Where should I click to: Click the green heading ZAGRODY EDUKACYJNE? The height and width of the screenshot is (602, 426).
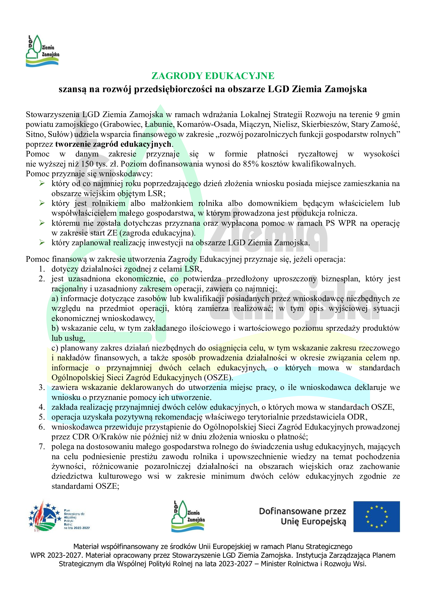tap(213, 76)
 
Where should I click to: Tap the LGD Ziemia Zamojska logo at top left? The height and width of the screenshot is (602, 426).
tap(42, 51)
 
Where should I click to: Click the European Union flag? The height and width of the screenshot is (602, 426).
tap(377, 517)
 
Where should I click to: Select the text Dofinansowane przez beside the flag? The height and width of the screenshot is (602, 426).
tap(302, 511)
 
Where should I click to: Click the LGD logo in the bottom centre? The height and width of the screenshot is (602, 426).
tap(188, 516)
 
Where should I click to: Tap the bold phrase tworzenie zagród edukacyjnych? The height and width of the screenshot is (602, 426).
tap(113, 144)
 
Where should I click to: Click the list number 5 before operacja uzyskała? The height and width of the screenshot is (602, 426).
tap(42, 417)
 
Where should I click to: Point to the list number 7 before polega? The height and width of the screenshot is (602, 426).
tap(42, 447)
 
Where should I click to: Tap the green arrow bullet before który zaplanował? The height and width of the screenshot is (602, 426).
tap(42, 242)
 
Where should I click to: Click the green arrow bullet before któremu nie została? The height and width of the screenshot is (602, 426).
tap(42, 223)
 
